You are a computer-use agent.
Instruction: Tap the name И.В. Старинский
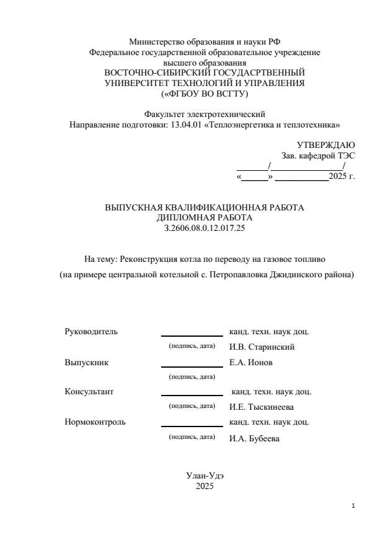262,347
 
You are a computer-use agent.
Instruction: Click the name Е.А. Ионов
251,362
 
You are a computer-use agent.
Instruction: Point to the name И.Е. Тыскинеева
262,407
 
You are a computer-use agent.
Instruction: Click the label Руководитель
91,331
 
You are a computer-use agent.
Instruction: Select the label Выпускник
87,362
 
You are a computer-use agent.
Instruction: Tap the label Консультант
89,391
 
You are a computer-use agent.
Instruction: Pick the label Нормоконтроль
95,422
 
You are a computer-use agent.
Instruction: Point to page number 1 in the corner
353,506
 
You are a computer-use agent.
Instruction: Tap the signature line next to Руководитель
191,335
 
